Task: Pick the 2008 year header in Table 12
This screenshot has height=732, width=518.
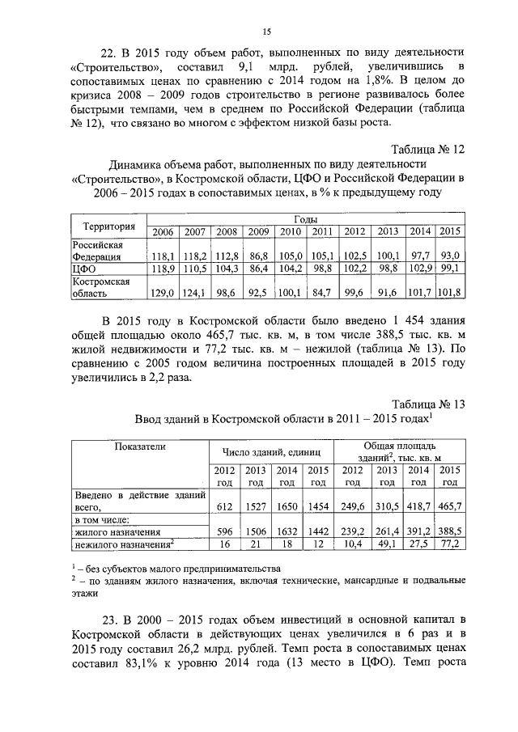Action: pos(227,232)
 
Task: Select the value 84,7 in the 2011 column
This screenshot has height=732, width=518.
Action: pos(322,292)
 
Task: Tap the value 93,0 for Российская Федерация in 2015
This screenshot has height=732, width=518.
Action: pos(450,256)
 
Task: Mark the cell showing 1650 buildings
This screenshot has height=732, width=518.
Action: pos(287,506)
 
